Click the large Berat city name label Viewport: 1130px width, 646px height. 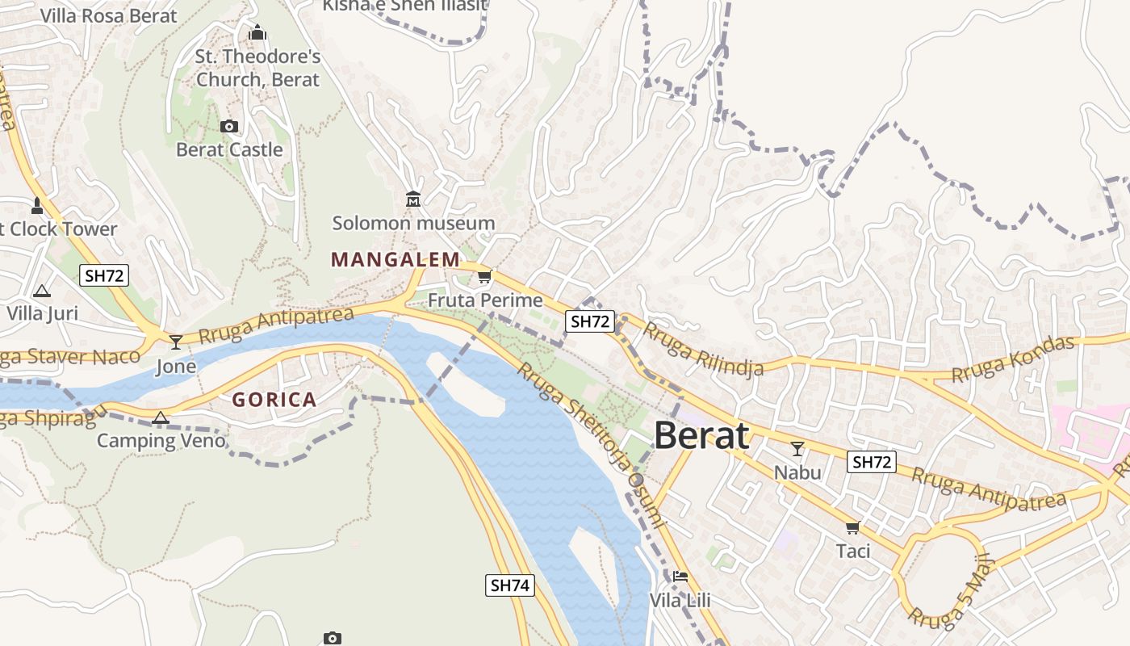coord(701,435)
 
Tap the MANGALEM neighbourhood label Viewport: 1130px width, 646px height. coord(395,260)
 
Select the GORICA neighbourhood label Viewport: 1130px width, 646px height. coord(274,400)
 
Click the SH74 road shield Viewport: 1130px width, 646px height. coord(510,585)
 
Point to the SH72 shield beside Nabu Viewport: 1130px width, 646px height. coord(872,462)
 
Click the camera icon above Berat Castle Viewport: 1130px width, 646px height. coord(229,126)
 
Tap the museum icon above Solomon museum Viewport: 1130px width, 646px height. coord(413,199)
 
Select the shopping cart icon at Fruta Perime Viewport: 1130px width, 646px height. coord(484,278)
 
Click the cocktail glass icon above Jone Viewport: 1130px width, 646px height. coord(176,342)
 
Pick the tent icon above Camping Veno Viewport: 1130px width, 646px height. coord(161,417)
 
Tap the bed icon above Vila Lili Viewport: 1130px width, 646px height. coord(680,577)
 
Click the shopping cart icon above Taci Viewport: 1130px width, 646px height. coord(852,528)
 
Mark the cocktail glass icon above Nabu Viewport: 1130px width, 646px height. coord(797,449)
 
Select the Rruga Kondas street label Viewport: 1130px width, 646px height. coord(1013,358)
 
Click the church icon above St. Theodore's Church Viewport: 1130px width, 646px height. coord(257,33)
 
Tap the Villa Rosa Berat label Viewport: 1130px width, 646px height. coord(108,15)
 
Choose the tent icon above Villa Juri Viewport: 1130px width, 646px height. coord(42,291)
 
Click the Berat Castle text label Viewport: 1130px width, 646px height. coord(229,149)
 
